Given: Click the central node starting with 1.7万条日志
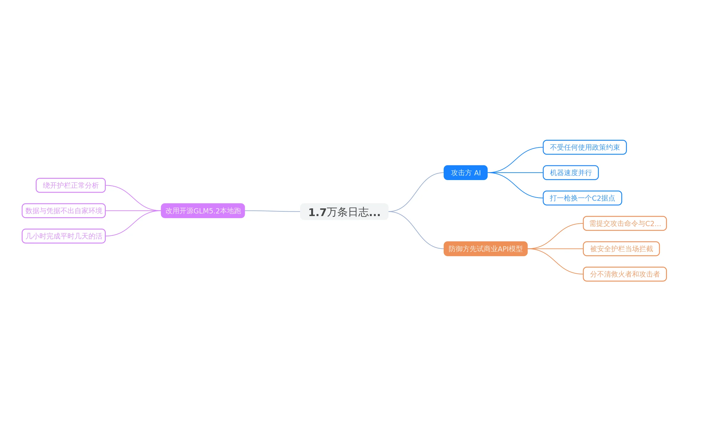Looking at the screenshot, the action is pos(344,212).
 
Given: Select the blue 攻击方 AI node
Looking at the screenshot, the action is pos(465,173).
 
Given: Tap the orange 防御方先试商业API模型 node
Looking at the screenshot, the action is pos(485,249).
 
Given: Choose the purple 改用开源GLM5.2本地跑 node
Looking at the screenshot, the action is pos(203,211).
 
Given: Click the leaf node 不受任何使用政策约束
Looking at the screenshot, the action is pos(585,147).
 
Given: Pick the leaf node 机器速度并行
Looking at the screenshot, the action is pos(571,173).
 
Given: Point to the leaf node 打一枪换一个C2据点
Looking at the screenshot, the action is pos(582,198).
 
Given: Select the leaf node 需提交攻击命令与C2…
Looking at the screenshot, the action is pos(625,223).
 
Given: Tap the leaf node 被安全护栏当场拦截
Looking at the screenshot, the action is pos(621,249).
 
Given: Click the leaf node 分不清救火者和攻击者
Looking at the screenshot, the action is pos(625,274).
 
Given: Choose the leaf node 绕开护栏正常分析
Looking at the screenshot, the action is pos(71,185).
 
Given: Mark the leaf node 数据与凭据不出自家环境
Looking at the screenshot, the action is pos(64,211).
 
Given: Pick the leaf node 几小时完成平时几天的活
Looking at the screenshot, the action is pos(64,236).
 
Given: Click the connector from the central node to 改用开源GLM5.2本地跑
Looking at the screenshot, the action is pos(272,211).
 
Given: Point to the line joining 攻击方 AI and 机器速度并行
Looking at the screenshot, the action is pos(515,173).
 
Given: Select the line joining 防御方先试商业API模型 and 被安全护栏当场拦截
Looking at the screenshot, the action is pos(555,249).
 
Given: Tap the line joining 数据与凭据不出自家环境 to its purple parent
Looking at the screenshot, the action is pos(133,211).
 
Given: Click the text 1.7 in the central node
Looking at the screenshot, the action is pos(317,212).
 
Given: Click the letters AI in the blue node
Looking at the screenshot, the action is pos(477,173).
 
